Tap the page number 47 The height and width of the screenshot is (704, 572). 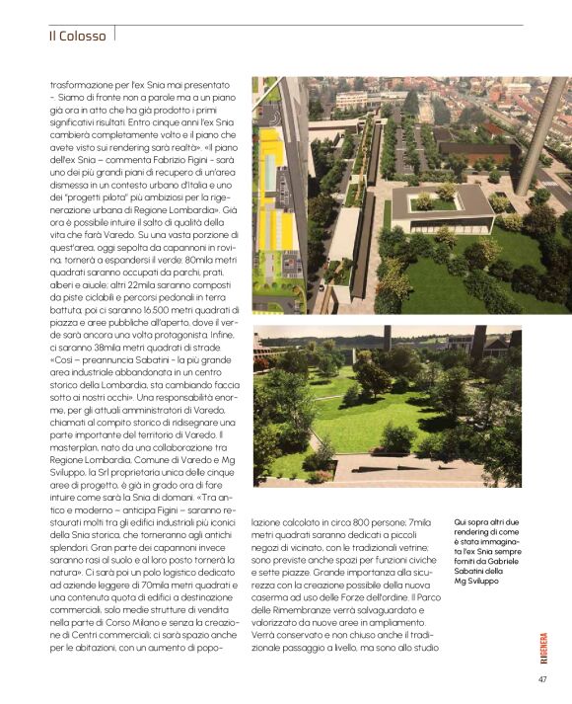[x=542, y=678]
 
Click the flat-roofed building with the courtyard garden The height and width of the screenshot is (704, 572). [x=442, y=204]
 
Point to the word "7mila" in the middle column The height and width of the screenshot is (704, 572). [x=418, y=522]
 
